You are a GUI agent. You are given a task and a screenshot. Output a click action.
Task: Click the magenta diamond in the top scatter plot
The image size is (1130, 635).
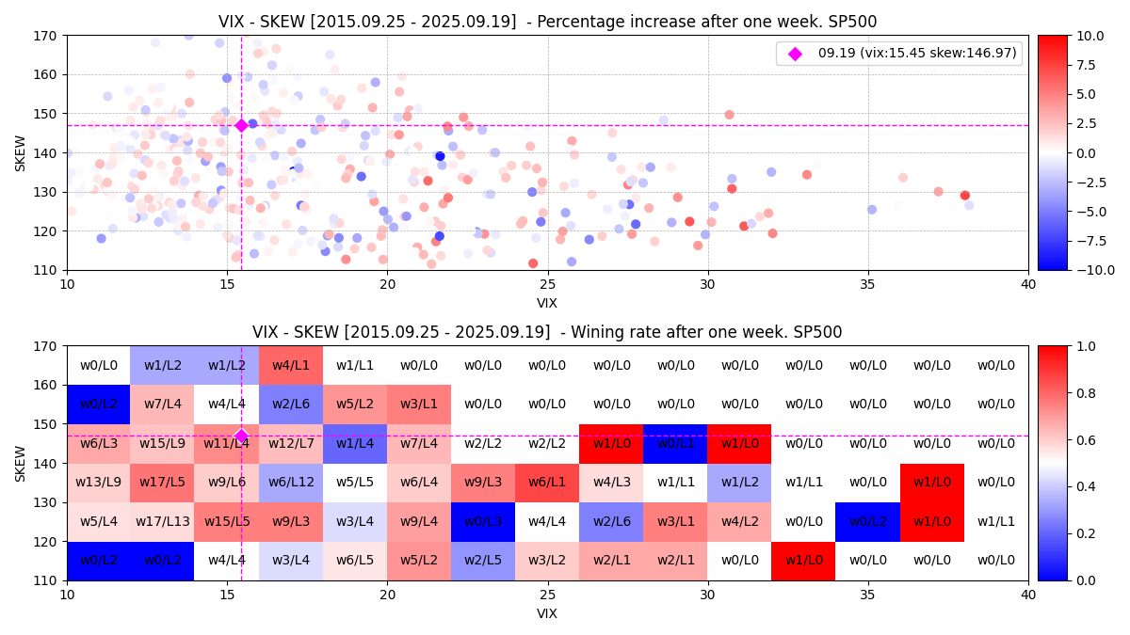tap(241, 125)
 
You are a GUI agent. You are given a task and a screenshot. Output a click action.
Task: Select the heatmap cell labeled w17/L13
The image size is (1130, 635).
tap(162, 521)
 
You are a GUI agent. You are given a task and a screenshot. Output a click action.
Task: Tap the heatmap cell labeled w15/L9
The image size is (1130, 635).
tap(162, 443)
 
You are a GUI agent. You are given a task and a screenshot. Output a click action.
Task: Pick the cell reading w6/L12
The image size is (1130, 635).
tap(291, 483)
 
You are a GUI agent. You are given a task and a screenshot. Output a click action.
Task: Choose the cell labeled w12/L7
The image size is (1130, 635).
tap(291, 443)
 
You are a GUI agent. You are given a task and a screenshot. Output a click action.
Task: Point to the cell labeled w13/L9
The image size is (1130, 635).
tap(98, 483)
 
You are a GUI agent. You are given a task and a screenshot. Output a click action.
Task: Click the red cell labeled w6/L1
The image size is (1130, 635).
tap(547, 483)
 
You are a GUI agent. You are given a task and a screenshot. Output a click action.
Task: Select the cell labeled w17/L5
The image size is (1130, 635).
tap(162, 483)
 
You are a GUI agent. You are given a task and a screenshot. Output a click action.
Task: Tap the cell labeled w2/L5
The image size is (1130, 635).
tap(483, 561)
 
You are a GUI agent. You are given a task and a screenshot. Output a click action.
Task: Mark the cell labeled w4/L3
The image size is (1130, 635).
tap(611, 483)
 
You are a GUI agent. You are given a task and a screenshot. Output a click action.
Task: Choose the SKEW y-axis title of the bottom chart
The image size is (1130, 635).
tap(21, 463)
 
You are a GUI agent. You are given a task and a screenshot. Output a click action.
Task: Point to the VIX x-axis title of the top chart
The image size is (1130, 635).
tap(547, 303)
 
